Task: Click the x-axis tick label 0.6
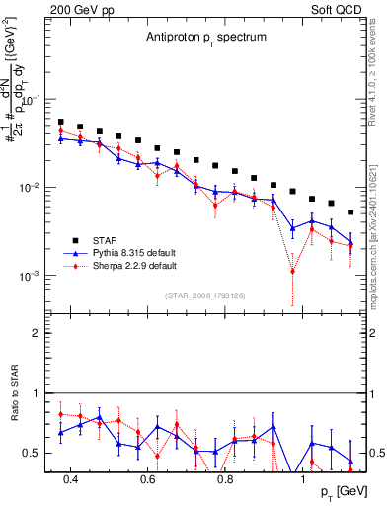(x=147, y=479)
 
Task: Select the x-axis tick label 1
(x=303, y=479)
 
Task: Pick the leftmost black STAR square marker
(x=61, y=122)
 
